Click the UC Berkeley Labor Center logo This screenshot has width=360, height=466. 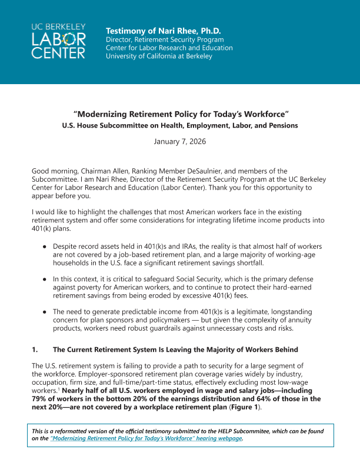point(59,41)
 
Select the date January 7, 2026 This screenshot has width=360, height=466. point(179,142)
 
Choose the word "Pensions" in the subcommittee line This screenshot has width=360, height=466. point(281,125)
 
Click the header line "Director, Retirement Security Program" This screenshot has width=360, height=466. point(165,39)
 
